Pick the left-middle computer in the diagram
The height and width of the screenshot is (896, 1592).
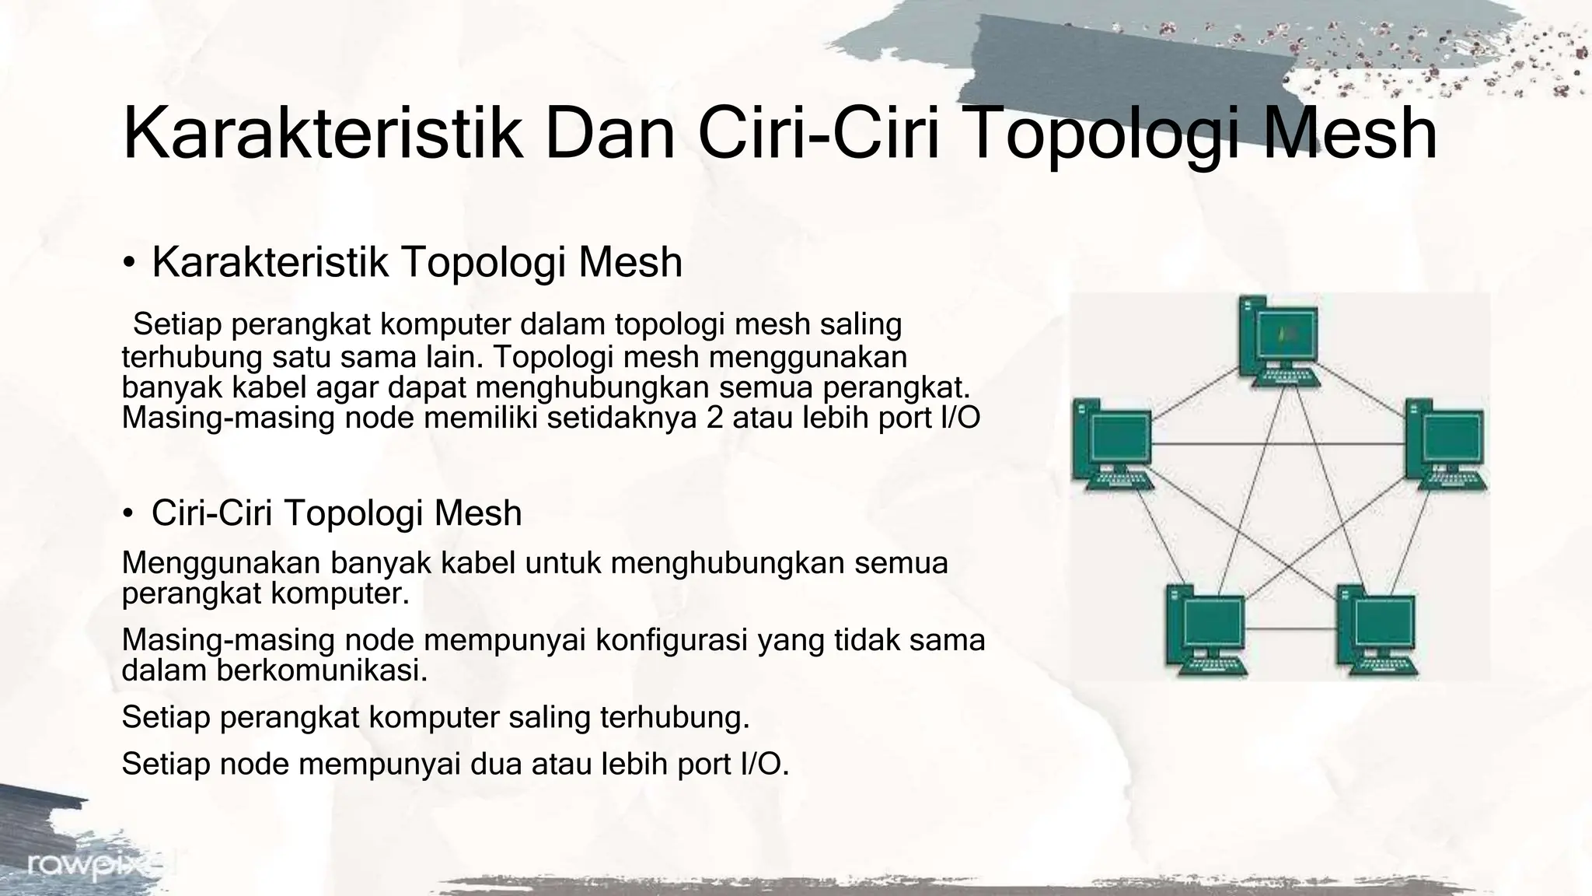1112,443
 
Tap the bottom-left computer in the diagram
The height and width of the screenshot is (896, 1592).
1204,629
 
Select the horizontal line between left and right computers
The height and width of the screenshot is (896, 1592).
1279,444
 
